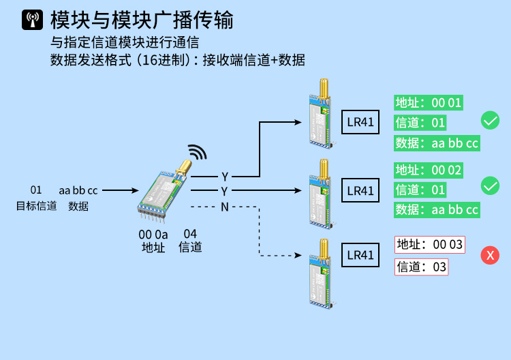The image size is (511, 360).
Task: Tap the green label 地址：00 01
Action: click(429, 103)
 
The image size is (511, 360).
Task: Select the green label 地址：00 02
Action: click(429, 170)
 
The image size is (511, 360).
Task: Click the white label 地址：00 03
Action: click(429, 244)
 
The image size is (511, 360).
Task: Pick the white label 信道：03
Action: click(421, 267)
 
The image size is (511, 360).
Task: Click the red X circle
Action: click(489, 256)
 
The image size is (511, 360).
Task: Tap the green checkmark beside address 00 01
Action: click(490, 121)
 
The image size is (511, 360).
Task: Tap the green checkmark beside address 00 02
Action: click(490, 185)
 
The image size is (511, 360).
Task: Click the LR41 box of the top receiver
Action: click(360, 123)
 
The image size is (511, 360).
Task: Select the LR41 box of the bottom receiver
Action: click(360, 255)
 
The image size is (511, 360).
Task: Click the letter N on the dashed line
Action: click(224, 207)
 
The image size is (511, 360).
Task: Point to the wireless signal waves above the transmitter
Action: click(197, 152)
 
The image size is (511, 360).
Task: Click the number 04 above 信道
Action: click(190, 234)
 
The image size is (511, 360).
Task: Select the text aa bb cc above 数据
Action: click(78, 190)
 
